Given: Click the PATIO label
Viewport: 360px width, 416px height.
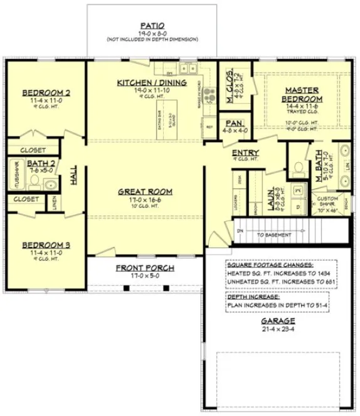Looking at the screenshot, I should tap(152, 25).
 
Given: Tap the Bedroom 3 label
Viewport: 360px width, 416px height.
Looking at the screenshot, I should tap(45, 245).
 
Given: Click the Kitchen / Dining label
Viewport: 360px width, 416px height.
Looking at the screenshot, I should tap(151, 83).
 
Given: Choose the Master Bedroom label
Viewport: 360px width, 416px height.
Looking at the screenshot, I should tap(303, 95).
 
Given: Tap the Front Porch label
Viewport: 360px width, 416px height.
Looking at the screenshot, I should tap(145, 268).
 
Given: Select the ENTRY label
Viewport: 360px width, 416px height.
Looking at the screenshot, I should tap(245, 153).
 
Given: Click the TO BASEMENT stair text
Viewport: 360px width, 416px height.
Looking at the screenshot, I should tap(274, 235).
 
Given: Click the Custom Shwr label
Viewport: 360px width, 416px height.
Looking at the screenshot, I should tap(330, 202).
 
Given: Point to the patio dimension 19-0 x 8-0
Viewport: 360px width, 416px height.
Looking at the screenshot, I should tap(152, 33).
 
